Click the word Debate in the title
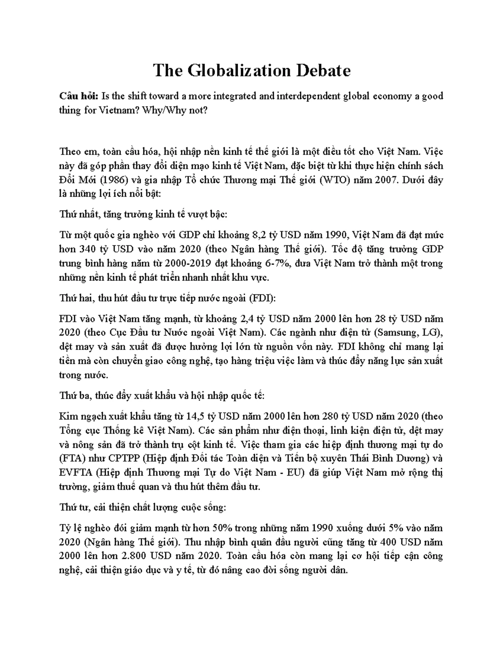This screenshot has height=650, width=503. point(323,71)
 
